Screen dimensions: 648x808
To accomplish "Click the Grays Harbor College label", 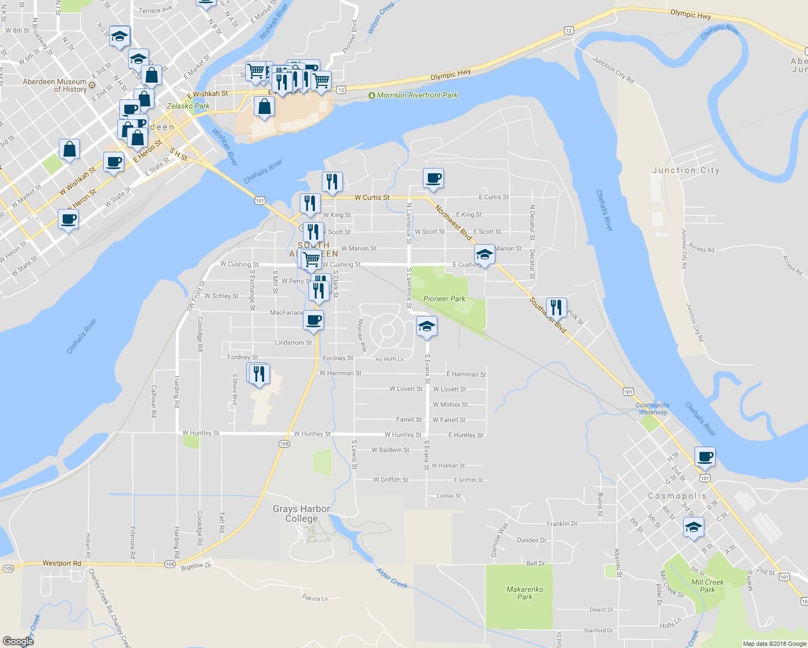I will pyautogui.click(x=301, y=514).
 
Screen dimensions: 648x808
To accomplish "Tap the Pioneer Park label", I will pyautogui.click(x=444, y=299).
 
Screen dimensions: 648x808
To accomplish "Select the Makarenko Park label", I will pyautogui.click(x=524, y=593).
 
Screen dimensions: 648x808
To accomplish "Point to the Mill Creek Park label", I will pyautogui.click(x=708, y=586).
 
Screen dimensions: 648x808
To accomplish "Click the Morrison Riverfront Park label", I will pyautogui.click(x=417, y=96).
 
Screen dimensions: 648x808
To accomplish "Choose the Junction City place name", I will pyautogui.click(x=686, y=170).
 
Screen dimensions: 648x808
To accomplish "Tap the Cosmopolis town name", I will pyautogui.click(x=677, y=496).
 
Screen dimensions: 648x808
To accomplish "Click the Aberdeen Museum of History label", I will pyautogui.click(x=55, y=85).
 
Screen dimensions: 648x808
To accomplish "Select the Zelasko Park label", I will pyautogui.click(x=188, y=106).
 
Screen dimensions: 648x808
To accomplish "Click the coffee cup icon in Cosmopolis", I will pyautogui.click(x=705, y=457).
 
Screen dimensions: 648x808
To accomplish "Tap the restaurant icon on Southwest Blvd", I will pyautogui.click(x=556, y=307).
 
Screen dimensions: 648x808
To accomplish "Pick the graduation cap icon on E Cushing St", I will pyautogui.click(x=484, y=255).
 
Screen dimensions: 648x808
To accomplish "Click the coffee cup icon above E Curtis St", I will pyautogui.click(x=433, y=178).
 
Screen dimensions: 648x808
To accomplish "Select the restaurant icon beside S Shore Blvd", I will pyautogui.click(x=259, y=374).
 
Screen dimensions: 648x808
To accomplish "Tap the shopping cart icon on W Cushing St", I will pyautogui.click(x=311, y=259).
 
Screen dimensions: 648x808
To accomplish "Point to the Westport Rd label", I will pyautogui.click(x=62, y=563).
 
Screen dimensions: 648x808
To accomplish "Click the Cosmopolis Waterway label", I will pyautogui.click(x=652, y=408).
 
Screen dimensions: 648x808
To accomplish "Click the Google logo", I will pyautogui.click(x=18, y=641).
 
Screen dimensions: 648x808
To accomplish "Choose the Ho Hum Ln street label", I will pyautogui.click(x=389, y=359).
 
